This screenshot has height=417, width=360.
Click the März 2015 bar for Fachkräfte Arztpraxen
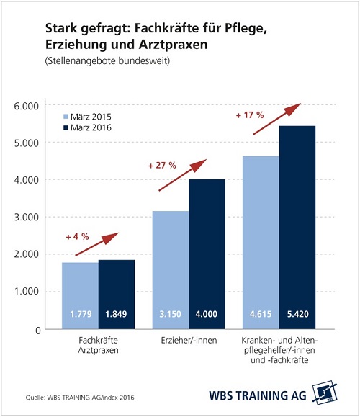pyautogui.click(x=81, y=296)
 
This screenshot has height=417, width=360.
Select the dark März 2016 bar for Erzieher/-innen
pyautogui.click(x=207, y=254)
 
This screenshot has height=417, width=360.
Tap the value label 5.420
pyautogui.click(x=298, y=314)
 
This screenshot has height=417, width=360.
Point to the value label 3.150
pyautogui.click(x=170, y=314)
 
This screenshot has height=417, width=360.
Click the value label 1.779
pyautogui.click(x=81, y=314)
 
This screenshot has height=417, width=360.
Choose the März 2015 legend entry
pyautogui.click(x=87, y=117)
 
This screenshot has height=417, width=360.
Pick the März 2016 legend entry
pyautogui.click(x=87, y=127)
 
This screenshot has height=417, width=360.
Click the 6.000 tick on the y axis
pyautogui.click(x=27, y=106)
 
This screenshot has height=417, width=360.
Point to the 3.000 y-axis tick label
pyautogui.click(x=27, y=217)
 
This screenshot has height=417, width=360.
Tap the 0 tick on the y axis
pyautogui.click(x=38, y=331)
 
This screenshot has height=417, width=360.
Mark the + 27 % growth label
pyautogui.click(x=162, y=166)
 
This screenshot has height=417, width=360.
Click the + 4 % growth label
pyautogui.click(x=77, y=237)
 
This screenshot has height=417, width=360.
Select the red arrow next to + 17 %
pyautogui.click(x=276, y=119)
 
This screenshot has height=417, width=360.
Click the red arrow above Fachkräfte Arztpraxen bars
pyautogui.click(x=97, y=244)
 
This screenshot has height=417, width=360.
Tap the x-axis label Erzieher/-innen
pyautogui.click(x=189, y=341)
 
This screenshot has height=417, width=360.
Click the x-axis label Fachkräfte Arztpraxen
pyautogui.click(x=98, y=345)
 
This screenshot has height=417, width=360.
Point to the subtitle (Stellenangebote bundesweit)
pyautogui.click(x=107, y=61)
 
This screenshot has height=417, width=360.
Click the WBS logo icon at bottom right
pyautogui.click(x=325, y=392)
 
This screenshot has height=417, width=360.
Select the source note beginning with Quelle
pyautogui.click(x=80, y=398)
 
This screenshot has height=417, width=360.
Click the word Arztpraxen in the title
pyautogui.click(x=173, y=45)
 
